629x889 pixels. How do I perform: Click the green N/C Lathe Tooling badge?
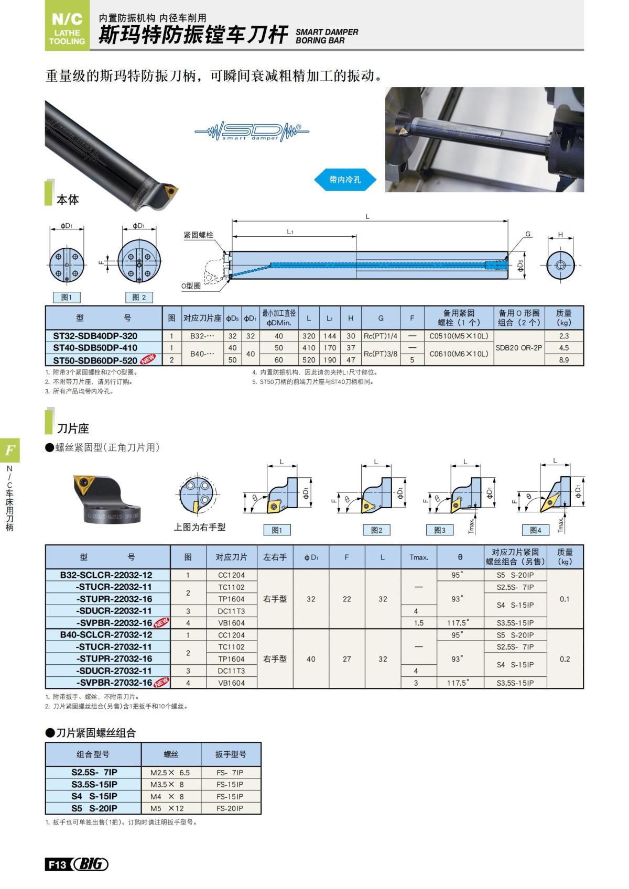pos(67,27)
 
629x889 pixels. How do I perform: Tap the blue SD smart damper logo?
pos(252,131)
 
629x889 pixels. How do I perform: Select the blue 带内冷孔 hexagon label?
pos(345,180)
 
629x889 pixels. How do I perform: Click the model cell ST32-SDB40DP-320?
pos(95,336)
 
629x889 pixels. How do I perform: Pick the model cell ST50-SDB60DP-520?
pos(95,360)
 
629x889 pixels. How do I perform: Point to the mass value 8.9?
pos(563,360)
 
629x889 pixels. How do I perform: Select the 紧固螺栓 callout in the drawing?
pos(198,235)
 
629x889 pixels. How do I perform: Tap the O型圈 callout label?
pos(191,286)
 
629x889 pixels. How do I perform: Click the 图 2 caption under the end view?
pos(139,298)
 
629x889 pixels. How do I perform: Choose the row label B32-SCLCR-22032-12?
pos(106,575)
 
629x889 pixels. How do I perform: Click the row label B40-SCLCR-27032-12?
pos(106,635)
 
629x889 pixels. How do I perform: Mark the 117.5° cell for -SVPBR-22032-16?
pos(458,623)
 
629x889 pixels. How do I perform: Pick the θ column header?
pos(460,557)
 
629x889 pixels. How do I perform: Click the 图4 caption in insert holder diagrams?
pos(535,530)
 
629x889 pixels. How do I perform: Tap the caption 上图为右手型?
pos(200,528)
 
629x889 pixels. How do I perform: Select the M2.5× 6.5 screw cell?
pos(170,773)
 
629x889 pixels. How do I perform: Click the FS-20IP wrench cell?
pos(230,808)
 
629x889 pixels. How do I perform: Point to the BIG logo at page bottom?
pos(90,864)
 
